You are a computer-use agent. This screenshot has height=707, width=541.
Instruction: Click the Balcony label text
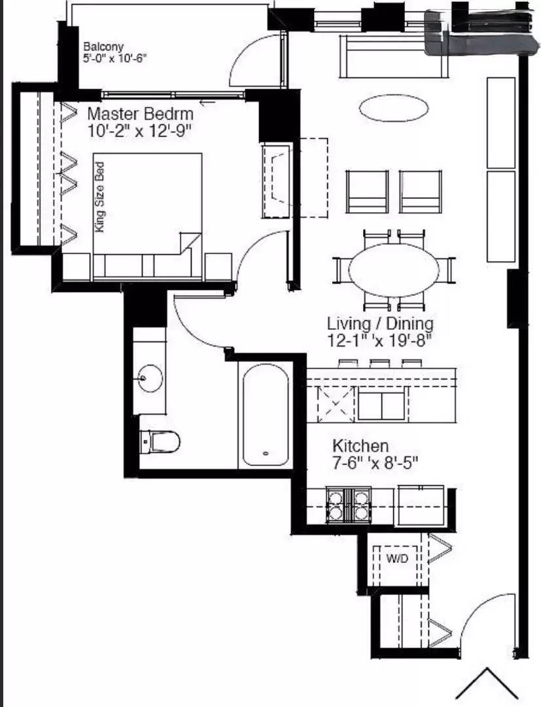pos(100,47)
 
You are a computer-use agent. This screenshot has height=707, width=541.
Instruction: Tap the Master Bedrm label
pos(141,113)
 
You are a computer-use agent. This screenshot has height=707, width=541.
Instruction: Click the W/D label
pos(396,559)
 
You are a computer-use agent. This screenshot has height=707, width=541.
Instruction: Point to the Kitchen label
pos(360,446)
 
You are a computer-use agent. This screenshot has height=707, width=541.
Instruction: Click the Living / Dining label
pos(380,323)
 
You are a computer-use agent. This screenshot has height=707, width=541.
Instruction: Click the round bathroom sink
pos(150,378)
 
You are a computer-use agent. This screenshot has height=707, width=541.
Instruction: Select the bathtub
pos(264,415)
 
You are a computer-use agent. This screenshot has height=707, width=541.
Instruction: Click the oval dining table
pos(394,269)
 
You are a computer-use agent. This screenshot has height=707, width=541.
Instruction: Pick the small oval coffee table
pos(394,107)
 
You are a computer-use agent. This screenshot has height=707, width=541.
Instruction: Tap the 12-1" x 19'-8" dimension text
pos(380,340)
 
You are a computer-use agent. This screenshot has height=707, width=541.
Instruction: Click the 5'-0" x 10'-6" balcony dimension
pos(115,58)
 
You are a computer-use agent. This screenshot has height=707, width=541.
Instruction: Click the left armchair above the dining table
pos(368,191)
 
